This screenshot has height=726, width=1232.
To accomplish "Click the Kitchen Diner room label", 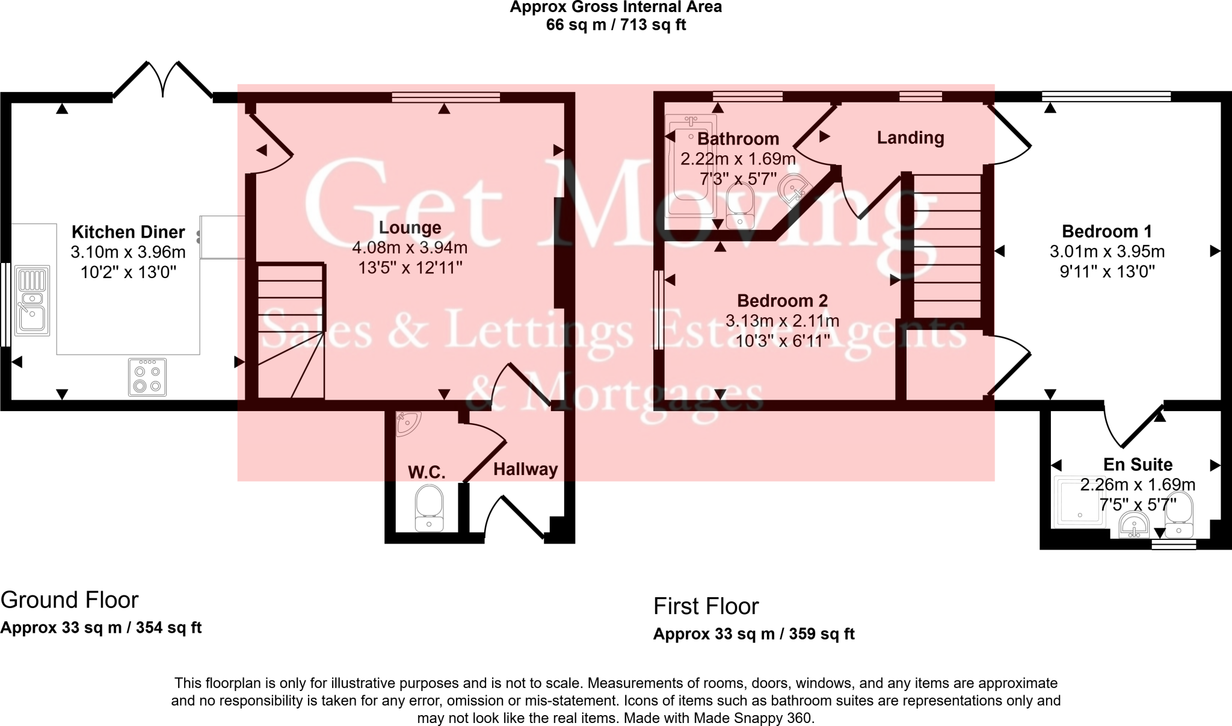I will [128, 232].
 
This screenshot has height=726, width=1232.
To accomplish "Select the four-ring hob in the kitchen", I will [147, 377].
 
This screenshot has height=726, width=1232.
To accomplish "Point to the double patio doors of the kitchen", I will [162, 81].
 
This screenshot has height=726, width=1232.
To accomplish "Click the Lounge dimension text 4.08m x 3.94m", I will [410, 247].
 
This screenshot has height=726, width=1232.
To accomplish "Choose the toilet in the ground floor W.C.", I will [429, 509].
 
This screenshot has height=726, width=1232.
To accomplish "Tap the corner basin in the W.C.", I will [408, 423].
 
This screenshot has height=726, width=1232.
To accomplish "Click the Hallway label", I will [525, 470].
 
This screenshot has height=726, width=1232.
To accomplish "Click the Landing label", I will [910, 138].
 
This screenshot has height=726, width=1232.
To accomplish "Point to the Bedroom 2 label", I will [782, 300].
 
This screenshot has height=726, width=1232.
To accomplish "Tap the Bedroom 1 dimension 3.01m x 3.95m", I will [1107, 252].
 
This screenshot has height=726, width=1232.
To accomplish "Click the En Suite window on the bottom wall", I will [1174, 544].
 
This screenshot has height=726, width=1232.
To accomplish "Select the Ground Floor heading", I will [70, 600].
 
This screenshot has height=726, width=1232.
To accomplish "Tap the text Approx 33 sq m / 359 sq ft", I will [754, 634].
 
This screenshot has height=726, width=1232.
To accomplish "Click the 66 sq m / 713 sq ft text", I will [616, 25].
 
